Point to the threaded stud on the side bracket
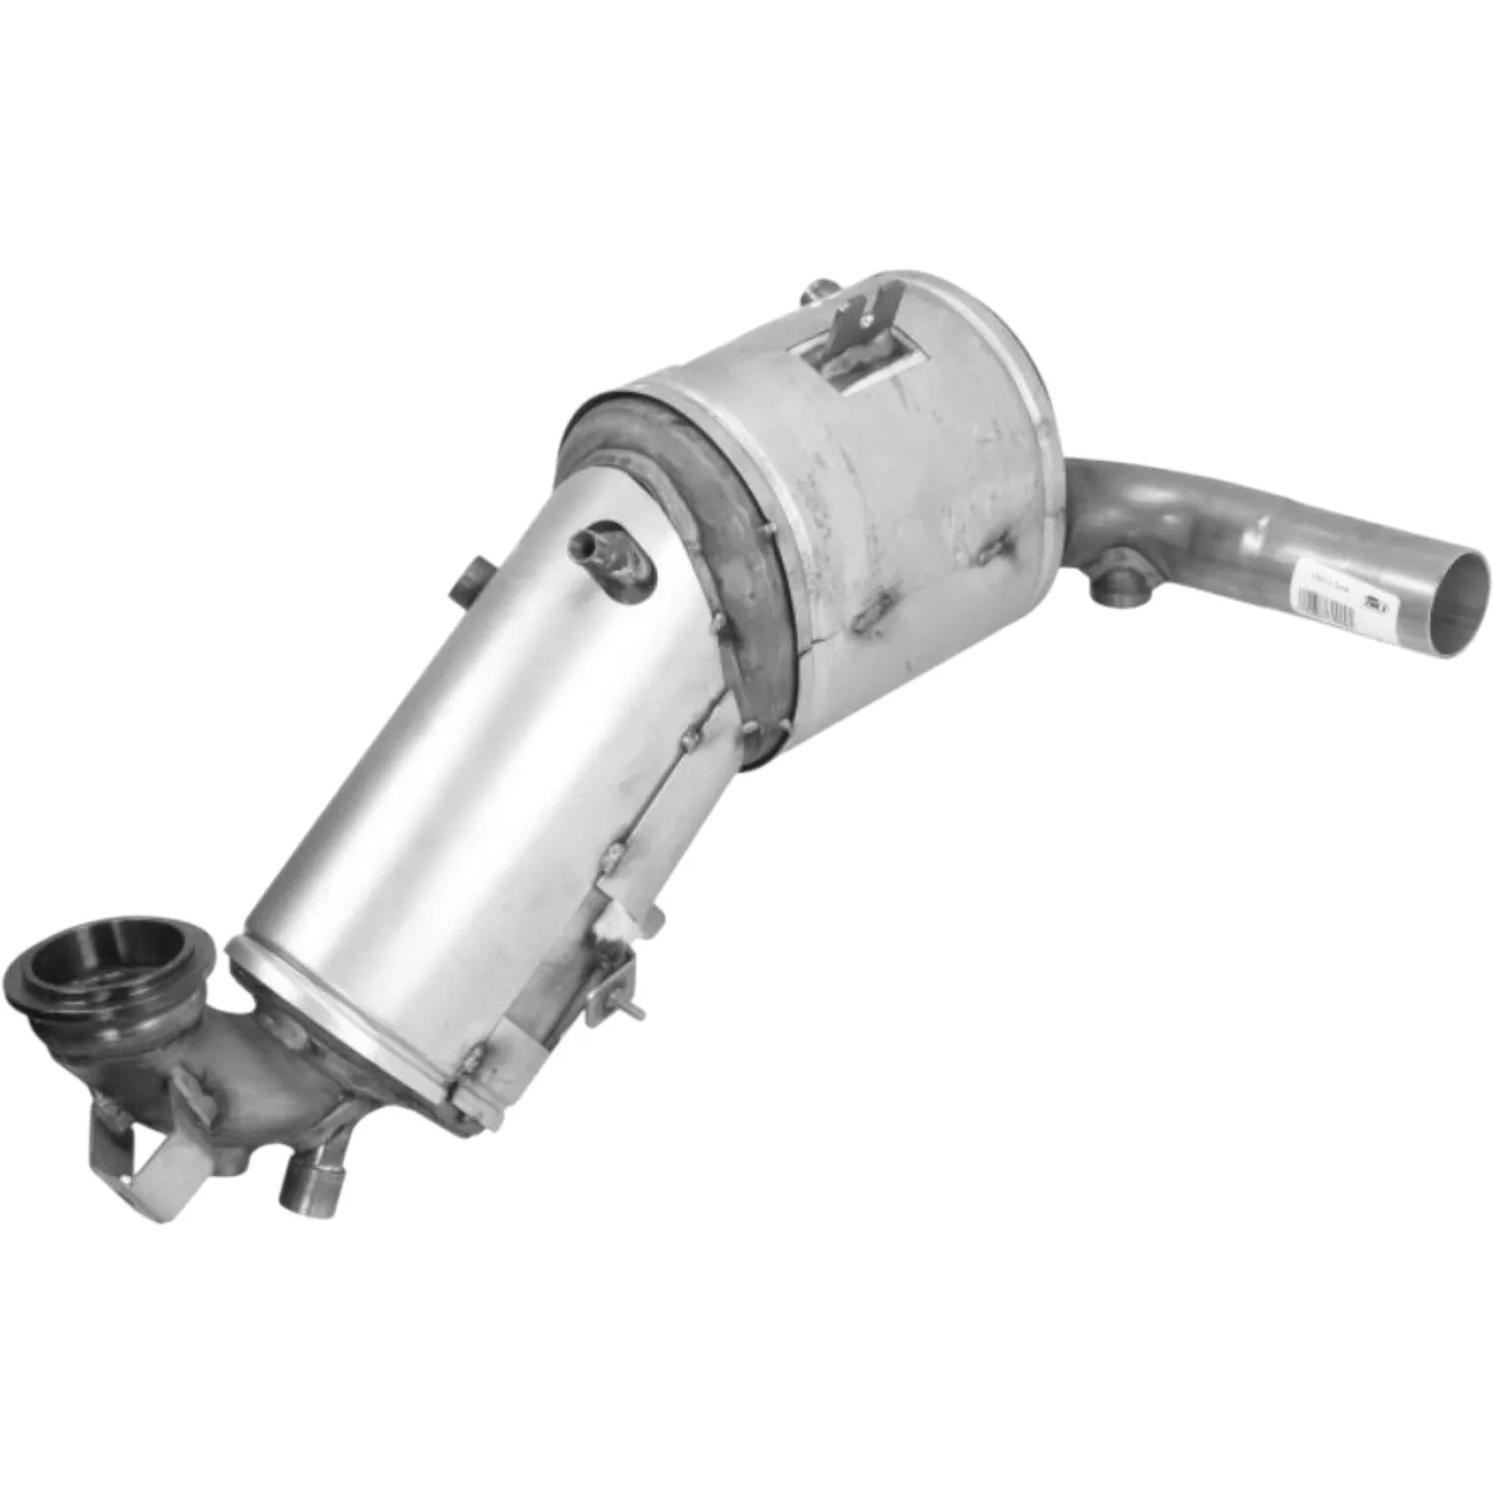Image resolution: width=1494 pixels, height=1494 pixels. click(634, 1009)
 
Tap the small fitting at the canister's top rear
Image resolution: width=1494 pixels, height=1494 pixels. click(818, 292)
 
